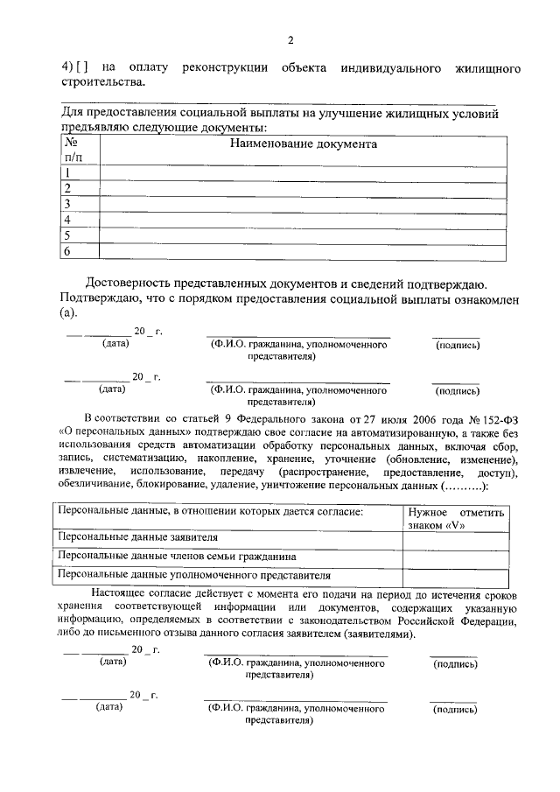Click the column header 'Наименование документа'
point(303,144)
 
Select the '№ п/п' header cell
point(73,149)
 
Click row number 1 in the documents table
point(66,173)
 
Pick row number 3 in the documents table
point(66,204)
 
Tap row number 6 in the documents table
point(66,252)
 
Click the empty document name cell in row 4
point(303,220)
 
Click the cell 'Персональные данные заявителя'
point(137,537)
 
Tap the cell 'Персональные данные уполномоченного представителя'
point(193,576)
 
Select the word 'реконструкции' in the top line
point(225,67)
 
